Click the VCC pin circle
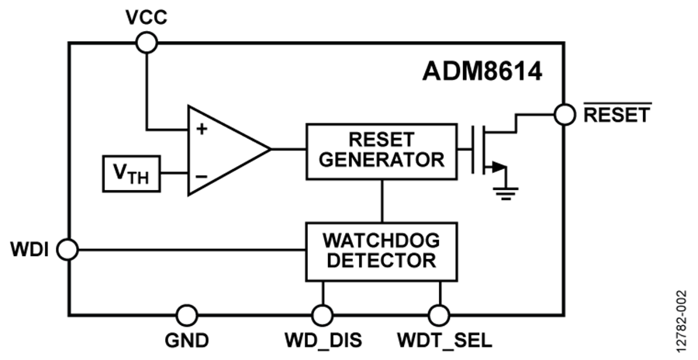[145, 43]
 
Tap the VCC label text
[145, 16]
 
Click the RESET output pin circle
[565, 114]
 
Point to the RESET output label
[617, 115]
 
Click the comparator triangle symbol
[225, 151]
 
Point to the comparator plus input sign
[202, 129]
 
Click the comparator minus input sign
[202, 175]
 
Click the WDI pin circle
[68, 250]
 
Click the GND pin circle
[186, 315]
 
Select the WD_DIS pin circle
[322, 315]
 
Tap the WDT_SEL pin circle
[440, 315]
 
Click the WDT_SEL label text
[440, 341]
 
